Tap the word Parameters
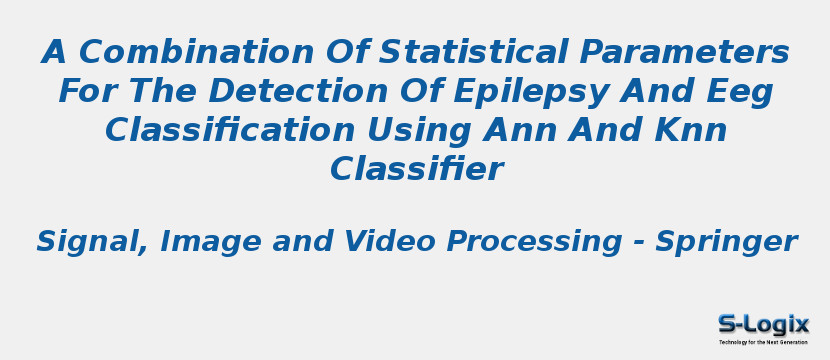(x=684, y=51)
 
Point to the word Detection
(x=299, y=91)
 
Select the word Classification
(x=230, y=130)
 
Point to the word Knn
(x=691, y=130)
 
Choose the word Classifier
(x=417, y=169)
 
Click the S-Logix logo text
(x=763, y=324)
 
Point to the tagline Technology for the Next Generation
(x=763, y=342)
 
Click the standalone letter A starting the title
(x=55, y=51)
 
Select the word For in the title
(x=83, y=91)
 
